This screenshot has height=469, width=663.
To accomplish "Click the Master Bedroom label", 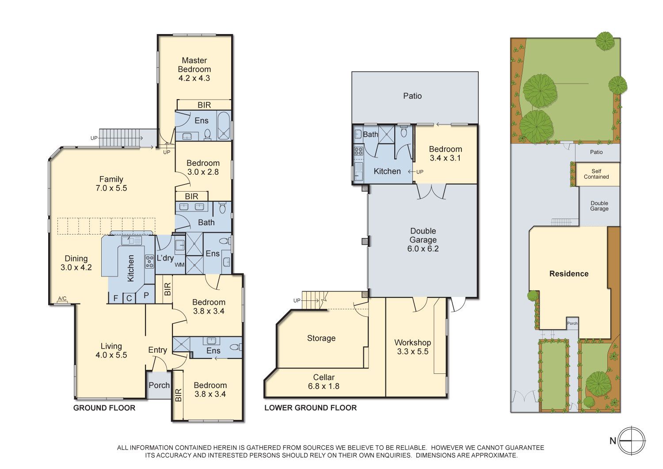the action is click(194, 65).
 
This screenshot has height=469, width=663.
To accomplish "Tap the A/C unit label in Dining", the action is click(62, 298).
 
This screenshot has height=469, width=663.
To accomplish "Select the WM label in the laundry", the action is click(179, 265).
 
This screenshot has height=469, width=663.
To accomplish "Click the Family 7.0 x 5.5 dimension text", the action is click(111, 188).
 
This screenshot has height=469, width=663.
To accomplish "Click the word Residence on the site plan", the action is click(569, 274).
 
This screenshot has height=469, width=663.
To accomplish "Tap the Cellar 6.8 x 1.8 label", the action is click(324, 381).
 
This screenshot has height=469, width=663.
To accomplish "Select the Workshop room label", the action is click(412, 342).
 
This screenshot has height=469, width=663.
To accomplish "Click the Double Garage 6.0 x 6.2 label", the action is click(423, 240).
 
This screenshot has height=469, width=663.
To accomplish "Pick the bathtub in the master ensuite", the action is click(224, 125).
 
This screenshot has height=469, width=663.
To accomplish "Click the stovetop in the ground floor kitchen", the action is click(149, 261).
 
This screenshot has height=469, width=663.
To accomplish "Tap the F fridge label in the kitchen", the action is click(116, 298).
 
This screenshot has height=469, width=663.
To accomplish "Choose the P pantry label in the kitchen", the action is click(146, 295).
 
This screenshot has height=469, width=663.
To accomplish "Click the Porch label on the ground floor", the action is click(159, 385).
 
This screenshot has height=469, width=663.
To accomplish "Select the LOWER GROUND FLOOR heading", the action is click(310, 407).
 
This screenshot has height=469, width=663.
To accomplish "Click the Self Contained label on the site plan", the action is click(596, 174).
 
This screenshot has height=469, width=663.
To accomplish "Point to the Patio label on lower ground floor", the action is click(412, 96).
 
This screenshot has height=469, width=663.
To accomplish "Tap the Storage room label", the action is click(321, 338).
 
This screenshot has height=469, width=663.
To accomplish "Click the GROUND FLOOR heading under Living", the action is click(104, 408).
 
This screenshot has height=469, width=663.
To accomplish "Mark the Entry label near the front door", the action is click(157, 350).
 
